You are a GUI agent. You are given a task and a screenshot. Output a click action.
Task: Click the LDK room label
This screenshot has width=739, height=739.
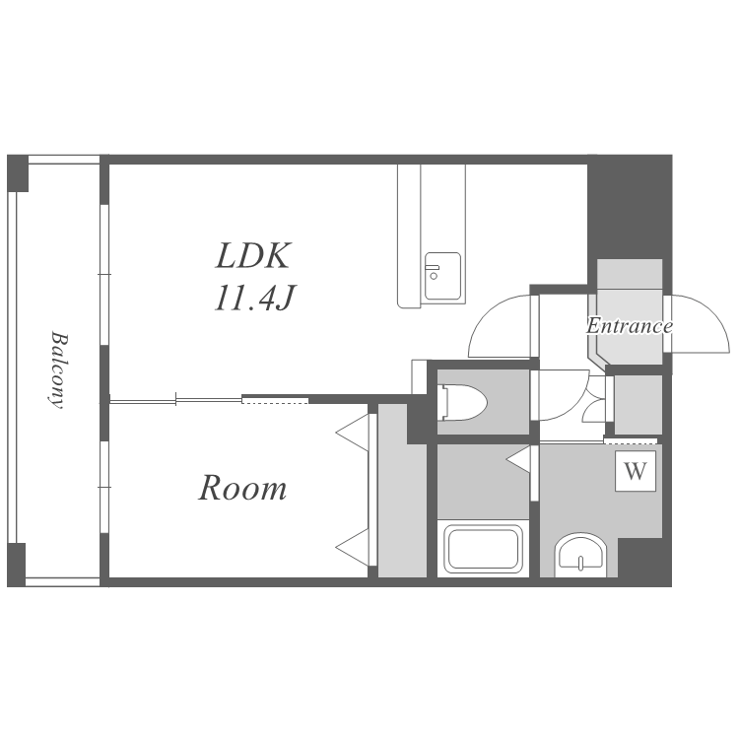point(252,255)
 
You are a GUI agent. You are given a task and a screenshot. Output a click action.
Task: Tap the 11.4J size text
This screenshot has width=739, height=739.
point(254,298)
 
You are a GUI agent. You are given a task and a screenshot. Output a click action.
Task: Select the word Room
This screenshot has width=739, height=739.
point(242,488)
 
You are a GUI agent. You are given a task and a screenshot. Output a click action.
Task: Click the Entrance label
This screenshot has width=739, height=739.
point(630,326)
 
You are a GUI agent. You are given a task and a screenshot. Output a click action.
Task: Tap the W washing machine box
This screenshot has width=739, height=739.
point(636,471)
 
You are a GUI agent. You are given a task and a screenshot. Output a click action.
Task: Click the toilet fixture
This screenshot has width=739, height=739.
point(462,402)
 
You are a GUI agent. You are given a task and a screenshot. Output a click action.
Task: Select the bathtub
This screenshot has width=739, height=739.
point(484,549)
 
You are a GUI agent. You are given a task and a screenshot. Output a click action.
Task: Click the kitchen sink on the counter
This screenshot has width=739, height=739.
point(442,276)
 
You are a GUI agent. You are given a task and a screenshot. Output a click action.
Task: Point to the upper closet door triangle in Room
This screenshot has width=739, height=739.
point(353,433)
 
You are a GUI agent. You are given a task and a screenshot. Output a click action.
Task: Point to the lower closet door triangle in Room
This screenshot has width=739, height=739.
point(353,547)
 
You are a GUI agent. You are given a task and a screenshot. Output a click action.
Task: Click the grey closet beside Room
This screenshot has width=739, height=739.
point(402,490)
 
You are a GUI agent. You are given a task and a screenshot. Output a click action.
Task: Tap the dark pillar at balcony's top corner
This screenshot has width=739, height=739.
point(18,173)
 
